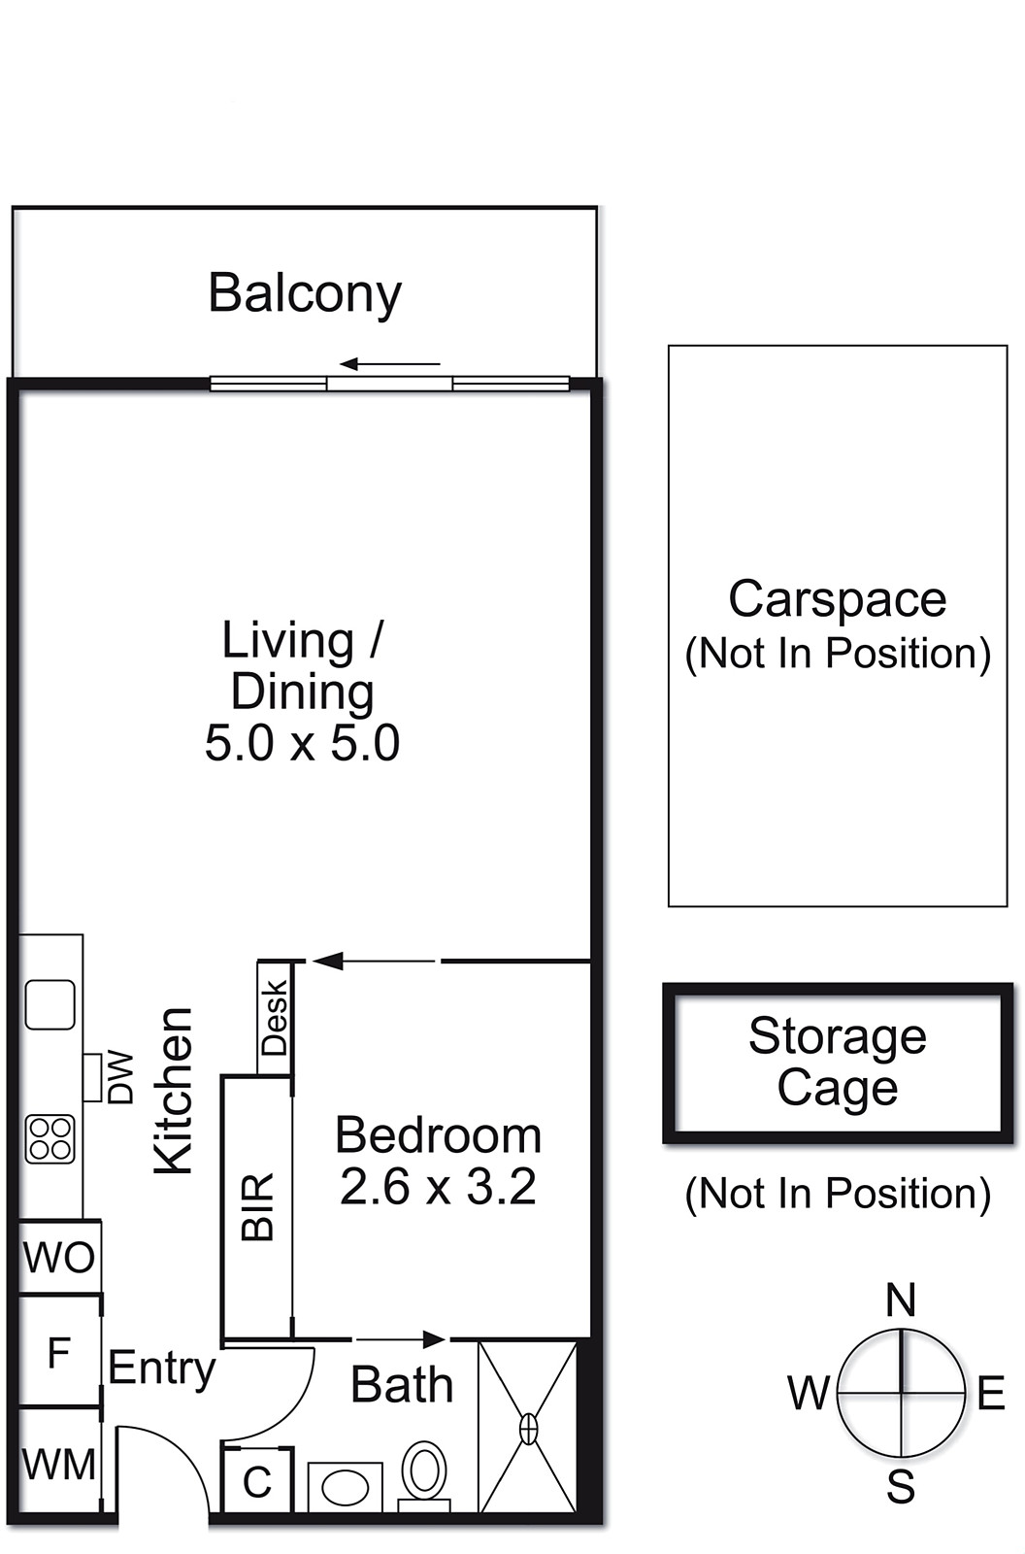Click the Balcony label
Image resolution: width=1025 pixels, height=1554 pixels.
pyautogui.click(x=305, y=294)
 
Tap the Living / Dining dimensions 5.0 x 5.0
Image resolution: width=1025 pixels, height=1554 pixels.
pyautogui.click(x=303, y=743)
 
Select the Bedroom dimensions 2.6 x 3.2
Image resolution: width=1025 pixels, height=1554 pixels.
pyautogui.click(x=439, y=1187)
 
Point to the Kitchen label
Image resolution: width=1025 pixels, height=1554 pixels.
pyautogui.click(x=173, y=1091)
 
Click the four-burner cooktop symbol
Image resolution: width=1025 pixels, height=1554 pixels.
pyautogui.click(x=50, y=1139)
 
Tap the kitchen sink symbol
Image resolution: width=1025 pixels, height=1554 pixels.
pyautogui.click(x=50, y=1004)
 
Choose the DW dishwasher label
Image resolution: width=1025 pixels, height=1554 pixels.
pyautogui.click(x=120, y=1077)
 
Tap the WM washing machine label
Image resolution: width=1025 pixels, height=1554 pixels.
pyautogui.click(x=59, y=1465)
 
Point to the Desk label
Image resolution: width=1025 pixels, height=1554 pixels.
pyautogui.click(x=274, y=1018)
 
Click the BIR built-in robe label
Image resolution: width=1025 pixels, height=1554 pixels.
pyautogui.click(x=257, y=1207)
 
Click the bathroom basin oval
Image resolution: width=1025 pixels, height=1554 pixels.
pyautogui.click(x=346, y=1488)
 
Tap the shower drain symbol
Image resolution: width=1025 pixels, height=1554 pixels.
pyautogui.click(x=528, y=1429)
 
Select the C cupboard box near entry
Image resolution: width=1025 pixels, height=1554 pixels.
pyautogui.click(x=257, y=1479)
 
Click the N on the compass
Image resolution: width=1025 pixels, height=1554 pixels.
pyautogui.click(x=901, y=1301)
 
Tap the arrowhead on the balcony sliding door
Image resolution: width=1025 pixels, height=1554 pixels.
pyautogui.click(x=348, y=363)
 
